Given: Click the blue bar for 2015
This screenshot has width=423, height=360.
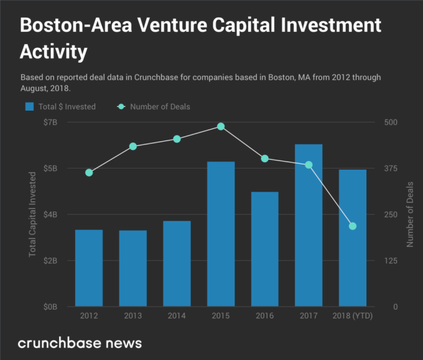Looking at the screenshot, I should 221,234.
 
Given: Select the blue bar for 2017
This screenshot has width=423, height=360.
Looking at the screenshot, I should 309,225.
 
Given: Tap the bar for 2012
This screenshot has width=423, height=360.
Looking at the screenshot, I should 89,268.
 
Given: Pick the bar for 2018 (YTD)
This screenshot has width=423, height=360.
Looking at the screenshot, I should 353,238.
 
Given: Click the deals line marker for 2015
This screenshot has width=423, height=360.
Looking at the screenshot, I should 221,126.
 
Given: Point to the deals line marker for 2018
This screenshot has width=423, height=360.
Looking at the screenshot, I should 353,226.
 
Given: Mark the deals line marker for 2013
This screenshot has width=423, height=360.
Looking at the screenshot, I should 133,146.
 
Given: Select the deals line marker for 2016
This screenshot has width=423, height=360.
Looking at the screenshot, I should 265,159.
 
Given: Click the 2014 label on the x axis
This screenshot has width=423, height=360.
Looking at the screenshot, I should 177,316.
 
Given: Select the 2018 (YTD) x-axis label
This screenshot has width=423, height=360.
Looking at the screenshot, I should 353,316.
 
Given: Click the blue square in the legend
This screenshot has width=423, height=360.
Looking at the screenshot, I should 29,106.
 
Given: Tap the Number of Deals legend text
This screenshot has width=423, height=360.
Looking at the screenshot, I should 160,106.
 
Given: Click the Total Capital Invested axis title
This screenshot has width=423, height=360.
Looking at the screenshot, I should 32,214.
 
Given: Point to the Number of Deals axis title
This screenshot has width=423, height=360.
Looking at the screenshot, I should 410,214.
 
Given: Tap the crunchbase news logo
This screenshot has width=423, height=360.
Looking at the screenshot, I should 80,343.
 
